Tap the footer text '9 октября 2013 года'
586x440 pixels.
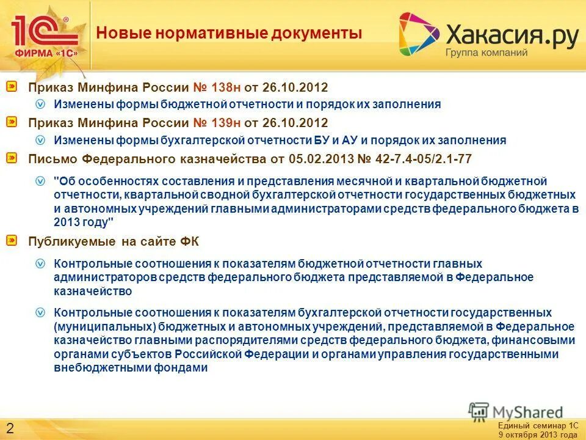click(537, 435)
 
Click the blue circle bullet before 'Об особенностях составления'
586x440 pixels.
click(40, 181)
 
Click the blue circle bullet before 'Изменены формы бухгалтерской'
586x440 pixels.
click(40, 140)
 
